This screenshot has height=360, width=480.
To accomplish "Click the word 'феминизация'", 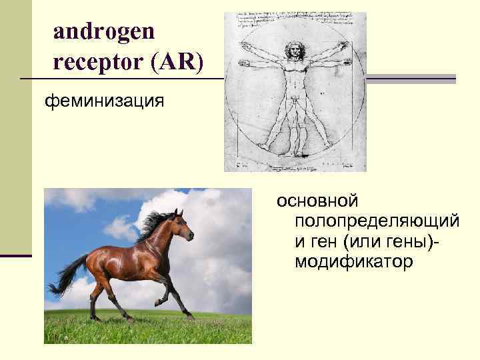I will (x=103, y=101).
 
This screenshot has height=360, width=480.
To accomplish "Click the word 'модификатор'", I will (x=353, y=262).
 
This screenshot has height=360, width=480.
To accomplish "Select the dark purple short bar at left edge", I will (x=15, y=255).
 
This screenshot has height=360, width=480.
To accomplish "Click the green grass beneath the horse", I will (x=147, y=330).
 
